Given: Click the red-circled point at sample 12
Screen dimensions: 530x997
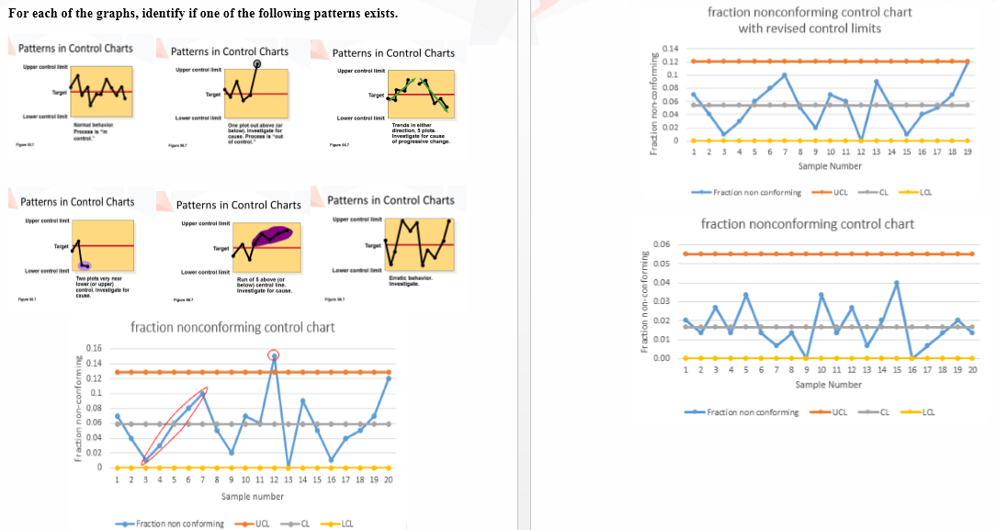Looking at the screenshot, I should (x=273, y=355).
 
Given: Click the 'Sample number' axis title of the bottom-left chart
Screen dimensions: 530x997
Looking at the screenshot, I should (x=252, y=496).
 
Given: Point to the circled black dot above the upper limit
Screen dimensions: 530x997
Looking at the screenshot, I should (x=257, y=64).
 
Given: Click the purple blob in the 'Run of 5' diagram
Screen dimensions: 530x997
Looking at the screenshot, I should (x=272, y=235).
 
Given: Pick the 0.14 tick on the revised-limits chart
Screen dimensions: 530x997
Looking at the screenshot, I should (x=670, y=48).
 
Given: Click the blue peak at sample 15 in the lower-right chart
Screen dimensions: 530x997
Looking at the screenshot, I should (x=897, y=283).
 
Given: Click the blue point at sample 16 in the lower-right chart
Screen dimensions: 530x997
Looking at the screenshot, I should (x=912, y=357).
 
